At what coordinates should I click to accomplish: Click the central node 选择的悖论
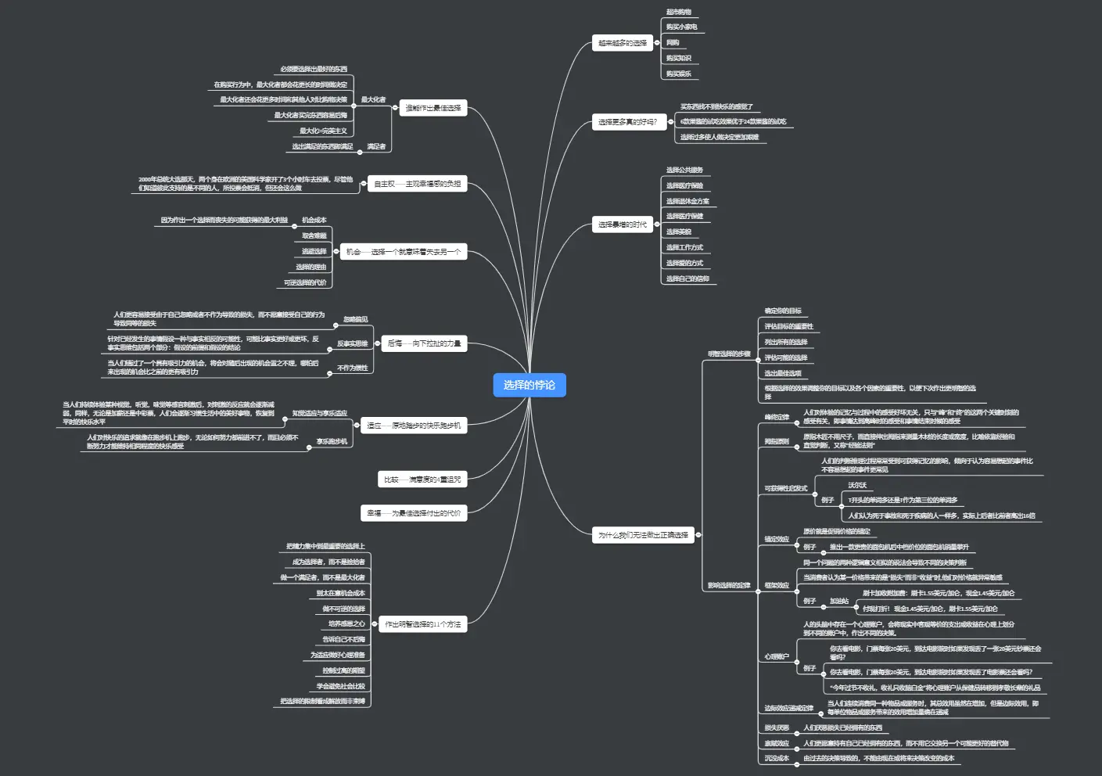[529, 385]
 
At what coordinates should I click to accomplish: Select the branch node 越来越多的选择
[623, 43]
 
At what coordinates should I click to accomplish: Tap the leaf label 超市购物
[678, 13]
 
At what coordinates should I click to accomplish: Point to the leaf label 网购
[673, 43]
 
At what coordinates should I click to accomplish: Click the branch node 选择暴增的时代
[623, 225]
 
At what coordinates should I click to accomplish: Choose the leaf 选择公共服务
[684, 170]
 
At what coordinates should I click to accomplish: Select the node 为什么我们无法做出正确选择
[643, 535]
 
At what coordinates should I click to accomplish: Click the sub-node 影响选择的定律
[729, 585]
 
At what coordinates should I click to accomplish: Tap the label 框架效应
[777, 585]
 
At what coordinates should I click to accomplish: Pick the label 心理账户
[777, 656]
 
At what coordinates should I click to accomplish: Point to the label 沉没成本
[777, 758]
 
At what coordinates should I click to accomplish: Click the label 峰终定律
[777, 417]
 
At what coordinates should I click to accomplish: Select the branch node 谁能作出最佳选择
[433, 108]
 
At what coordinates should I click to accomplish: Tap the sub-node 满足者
[376, 146]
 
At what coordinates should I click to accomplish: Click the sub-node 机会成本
[314, 220]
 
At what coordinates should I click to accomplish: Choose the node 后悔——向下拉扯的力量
[424, 343]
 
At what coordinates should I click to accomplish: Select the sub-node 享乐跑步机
[332, 441]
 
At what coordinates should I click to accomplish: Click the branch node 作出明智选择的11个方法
[422, 624]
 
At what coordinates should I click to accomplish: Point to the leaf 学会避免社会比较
[340, 686]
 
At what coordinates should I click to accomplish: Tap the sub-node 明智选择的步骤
[729, 354]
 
